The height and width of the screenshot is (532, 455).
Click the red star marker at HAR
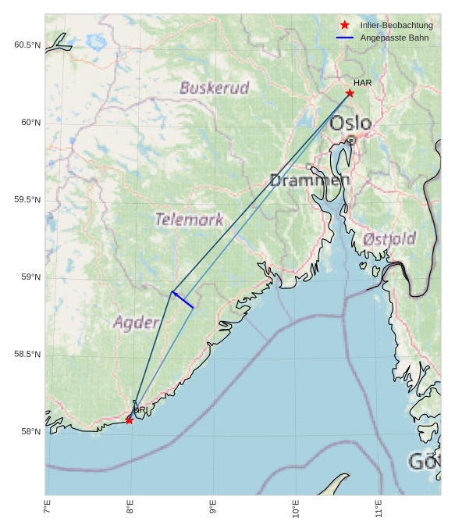[x=350, y=93]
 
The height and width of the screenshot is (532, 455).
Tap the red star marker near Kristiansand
[x=129, y=420]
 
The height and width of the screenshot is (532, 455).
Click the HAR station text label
[x=361, y=83]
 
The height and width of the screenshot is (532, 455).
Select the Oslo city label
[x=350, y=123]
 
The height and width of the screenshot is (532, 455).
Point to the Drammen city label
[x=310, y=180]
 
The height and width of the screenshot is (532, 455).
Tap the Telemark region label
[x=189, y=220]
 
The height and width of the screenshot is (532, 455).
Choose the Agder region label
[x=136, y=322]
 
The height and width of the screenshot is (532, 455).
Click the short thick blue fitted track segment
[x=183, y=300]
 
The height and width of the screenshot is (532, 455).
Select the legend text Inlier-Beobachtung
[x=396, y=26]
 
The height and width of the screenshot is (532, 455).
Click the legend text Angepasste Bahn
[x=394, y=37]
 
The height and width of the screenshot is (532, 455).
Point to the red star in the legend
[x=344, y=25]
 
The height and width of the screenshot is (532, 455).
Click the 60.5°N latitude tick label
[x=27, y=45]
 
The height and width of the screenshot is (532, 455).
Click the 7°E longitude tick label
[x=48, y=509]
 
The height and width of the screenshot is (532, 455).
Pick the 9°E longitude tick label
[x=213, y=509]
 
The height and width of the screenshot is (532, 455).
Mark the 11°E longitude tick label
[x=379, y=509]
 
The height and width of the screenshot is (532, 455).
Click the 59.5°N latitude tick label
[x=27, y=200]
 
